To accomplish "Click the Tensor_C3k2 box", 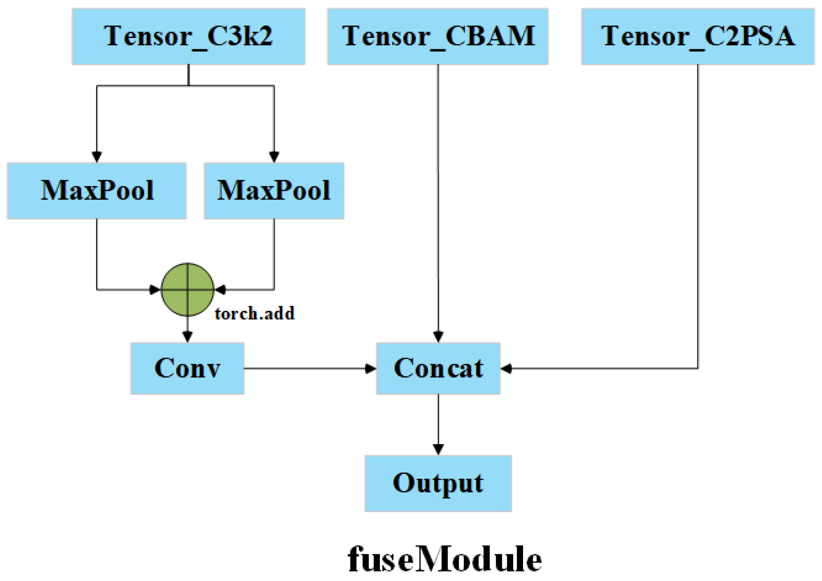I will pos(188,36).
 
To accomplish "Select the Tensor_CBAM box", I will pos(437,36).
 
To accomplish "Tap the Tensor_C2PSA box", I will pos(697,36).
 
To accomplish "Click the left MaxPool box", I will pos(97,191).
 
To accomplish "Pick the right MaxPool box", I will pos(274,191).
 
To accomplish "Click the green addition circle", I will pos(188,289).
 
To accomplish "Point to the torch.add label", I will pos(254,314).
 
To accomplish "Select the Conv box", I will pos(187,368).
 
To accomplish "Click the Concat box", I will pos(438,368).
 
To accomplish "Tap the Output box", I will pos(438,483).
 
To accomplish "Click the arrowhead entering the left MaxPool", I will pos(97,157).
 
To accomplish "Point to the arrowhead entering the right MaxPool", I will pos(274,157).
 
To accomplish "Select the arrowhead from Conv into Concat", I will pos(371,368).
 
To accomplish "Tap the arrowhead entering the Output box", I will pos(438,449).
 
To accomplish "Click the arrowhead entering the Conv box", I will pos(188,337).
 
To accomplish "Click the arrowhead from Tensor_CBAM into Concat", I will pos(438,337).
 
